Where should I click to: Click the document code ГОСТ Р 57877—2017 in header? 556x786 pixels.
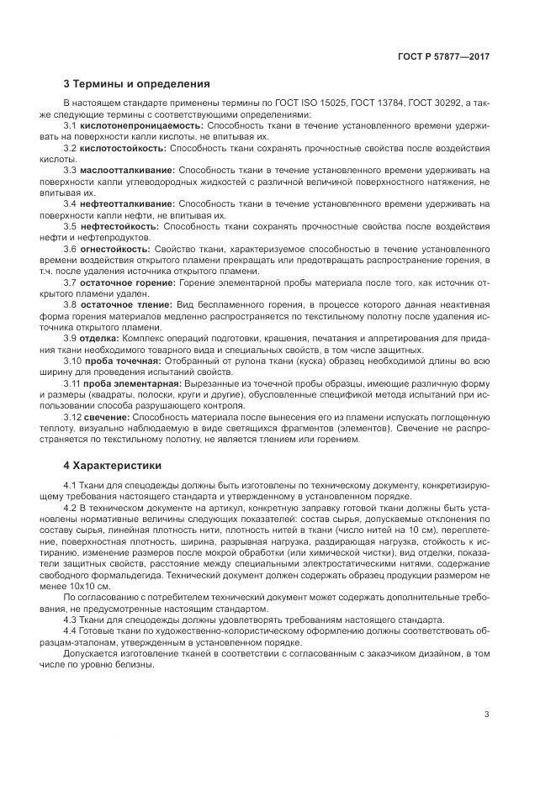click(x=443, y=55)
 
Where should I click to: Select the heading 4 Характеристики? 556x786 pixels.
click(x=113, y=465)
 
